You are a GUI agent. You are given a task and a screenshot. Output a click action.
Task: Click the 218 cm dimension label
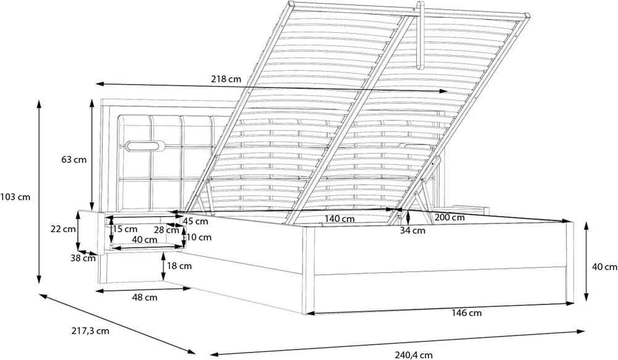[x=226, y=79]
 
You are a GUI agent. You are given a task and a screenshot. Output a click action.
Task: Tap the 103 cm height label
[x=15, y=196]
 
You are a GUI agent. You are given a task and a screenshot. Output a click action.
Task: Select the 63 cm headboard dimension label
[x=73, y=160]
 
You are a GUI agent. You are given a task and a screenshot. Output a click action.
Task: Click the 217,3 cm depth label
[x=90, y=331]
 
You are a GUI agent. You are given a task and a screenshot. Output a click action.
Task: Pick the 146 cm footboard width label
[x=467, y=313]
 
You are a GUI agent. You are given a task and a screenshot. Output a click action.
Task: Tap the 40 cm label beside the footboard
[x=604, y=267]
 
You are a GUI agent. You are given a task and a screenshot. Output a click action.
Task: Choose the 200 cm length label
[x=449, y=217]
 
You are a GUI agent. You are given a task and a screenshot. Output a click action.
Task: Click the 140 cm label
[x=340, y=219]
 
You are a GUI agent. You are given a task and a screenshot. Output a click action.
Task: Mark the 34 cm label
[x=412, y=230]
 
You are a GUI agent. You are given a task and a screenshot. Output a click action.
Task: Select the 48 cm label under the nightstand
[x=144, y=297]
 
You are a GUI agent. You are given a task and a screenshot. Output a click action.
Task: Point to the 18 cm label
[x=179, y=266]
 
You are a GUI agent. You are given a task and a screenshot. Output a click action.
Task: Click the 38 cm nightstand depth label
[x=83, y=258]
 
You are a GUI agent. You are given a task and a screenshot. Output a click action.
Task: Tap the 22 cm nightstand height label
[x=63, y=228]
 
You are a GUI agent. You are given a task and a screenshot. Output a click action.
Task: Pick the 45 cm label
[x=196, y=221]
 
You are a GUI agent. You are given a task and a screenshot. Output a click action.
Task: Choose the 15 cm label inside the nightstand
[x=125, y=229]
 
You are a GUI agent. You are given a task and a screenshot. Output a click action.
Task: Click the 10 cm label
[x=199, y=237]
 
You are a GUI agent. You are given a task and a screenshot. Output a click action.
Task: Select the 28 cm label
[x=166, y=230]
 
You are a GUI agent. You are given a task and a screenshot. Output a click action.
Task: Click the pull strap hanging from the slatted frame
[x=419, y=35]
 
